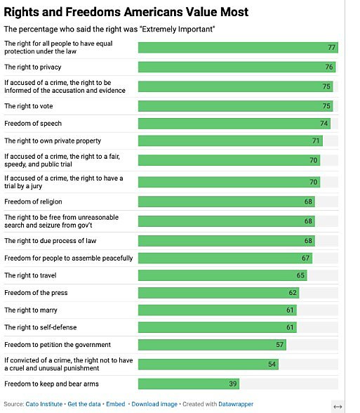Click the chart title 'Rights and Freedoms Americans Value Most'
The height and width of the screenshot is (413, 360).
[126, 12]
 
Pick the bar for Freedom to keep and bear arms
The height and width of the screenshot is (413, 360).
[188, 384]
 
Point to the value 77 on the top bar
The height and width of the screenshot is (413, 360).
[332, 48]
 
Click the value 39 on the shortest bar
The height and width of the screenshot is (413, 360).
[233, 384]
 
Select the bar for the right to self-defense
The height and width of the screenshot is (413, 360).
[217, 327]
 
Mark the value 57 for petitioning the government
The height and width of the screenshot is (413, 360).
[280, 345]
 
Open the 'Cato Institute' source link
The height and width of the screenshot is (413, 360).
[43, 405]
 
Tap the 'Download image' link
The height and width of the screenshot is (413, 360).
[154, 405]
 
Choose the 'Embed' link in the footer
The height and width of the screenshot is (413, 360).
[116, 405]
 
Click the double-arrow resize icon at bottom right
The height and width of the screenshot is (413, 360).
[337, 407]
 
